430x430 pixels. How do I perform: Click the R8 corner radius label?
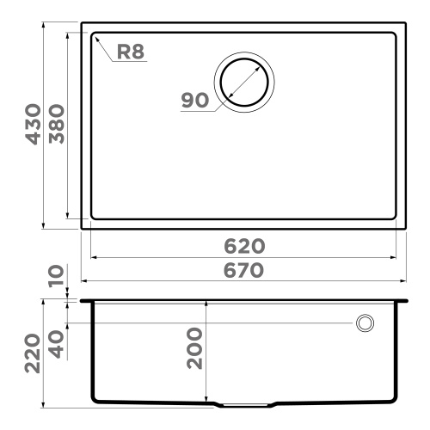click(x=131, y=52)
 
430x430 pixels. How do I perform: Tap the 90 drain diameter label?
click(x=195, y=100)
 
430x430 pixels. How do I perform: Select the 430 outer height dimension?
click(x=34, y=124)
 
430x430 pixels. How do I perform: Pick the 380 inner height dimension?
click(x=57, y=124)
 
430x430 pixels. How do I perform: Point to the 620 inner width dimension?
click(x=244, y=246)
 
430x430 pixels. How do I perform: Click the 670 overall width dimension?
click(x=243, y=270)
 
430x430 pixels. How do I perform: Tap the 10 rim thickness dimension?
click(x=56, y=275)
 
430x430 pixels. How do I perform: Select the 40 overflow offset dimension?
click(x=56, y=344)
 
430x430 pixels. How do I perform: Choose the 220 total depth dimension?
click(x=32, y=353)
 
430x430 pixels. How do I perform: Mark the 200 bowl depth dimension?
click(x=194, y=348)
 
